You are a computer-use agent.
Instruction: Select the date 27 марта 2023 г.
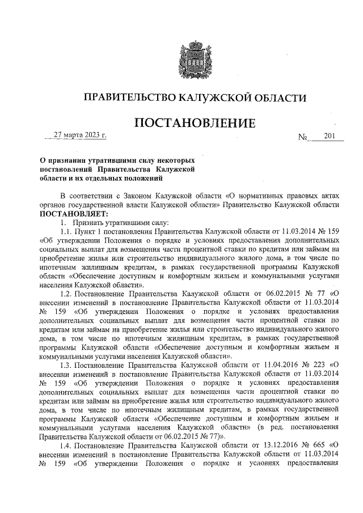(79, 135)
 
